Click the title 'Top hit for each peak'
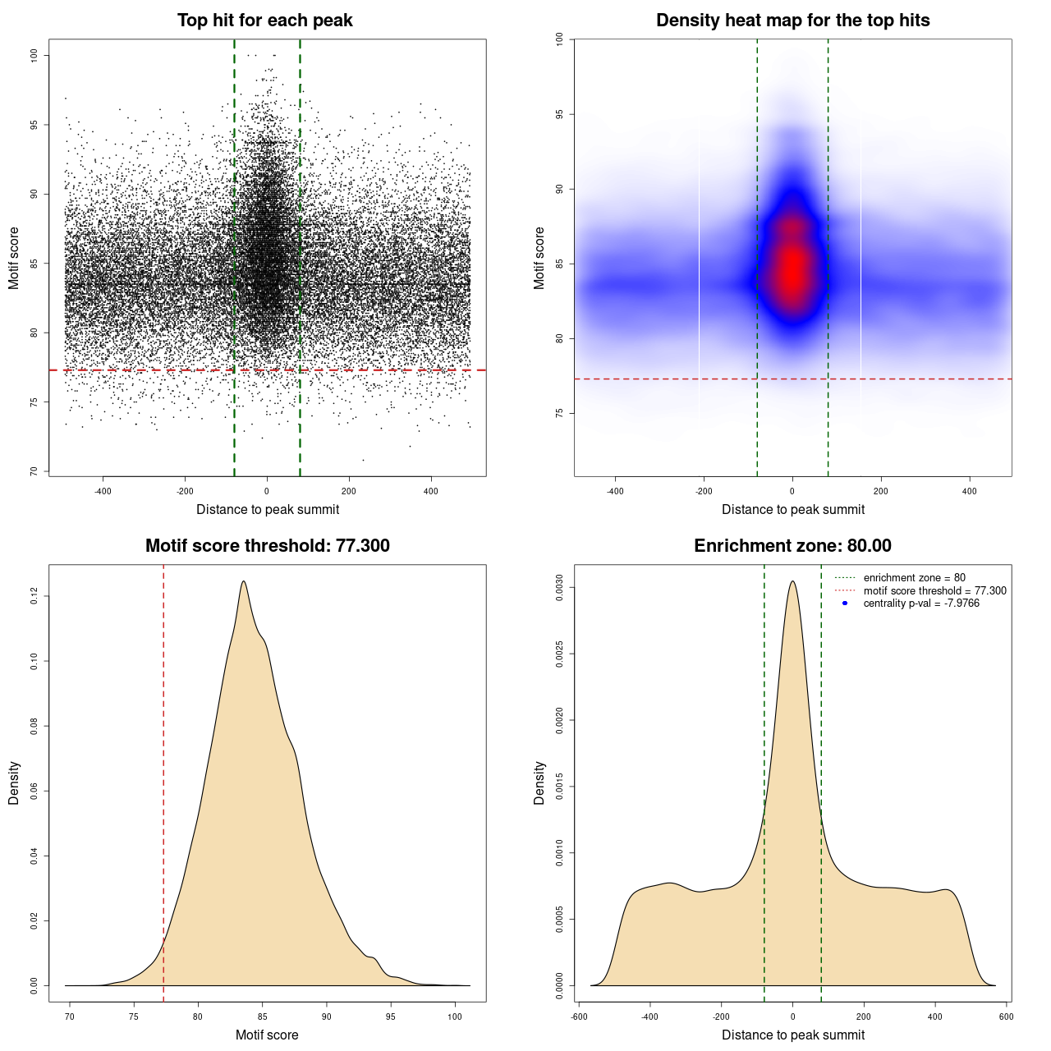(x=264, y=21)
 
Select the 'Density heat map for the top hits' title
(x=792, y=21)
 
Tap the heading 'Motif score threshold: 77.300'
(x=267, y=546)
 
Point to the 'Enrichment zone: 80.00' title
(x=792, y=546)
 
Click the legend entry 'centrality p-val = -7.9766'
(x=921, y=604)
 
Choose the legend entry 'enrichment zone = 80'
(x=914, y=578)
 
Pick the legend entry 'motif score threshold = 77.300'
(x=934, y=591)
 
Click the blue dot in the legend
(x=845, y=604)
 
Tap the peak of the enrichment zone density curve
(x=792, y=581)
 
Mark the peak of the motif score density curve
(x=243, y=581)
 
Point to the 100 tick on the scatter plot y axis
(x=34, y=55)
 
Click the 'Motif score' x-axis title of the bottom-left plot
(x=267, y=1035)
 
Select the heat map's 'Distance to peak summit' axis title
(x=792, y=509)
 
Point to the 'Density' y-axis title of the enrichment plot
(x=539, y=783)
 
